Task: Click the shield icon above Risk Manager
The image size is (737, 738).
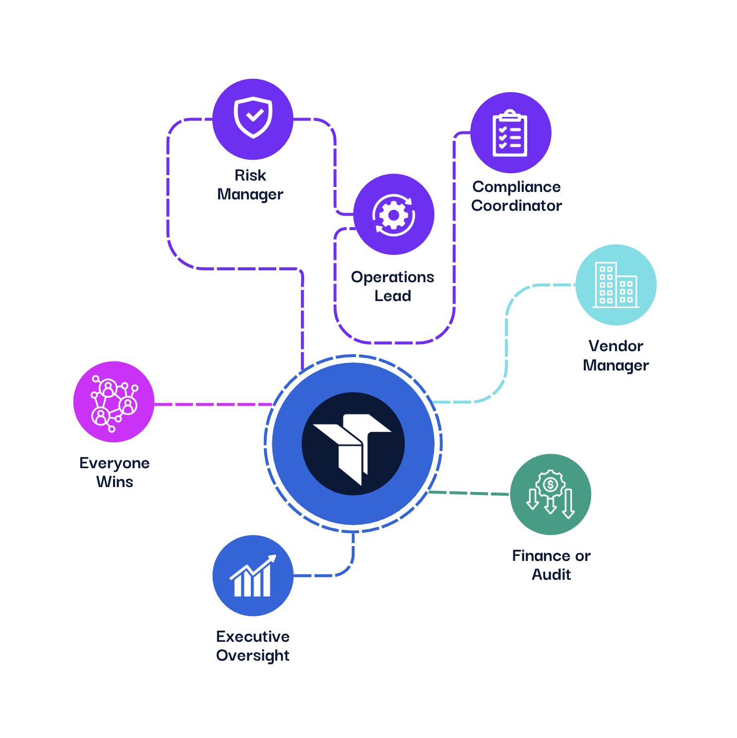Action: pyautogui.click(x=253, y=118)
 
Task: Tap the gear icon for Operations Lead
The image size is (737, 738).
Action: pyautogui.click(x=394, y=215)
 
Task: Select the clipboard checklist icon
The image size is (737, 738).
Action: pyautogui.click(x=510, y=133)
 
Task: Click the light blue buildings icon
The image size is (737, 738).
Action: pyautogui.click(x=615, y=285)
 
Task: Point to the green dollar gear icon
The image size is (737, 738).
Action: pyautogui.click(x=551, y=494)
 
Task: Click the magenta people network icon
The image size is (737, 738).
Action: pyautogui.click(x=114, y=402)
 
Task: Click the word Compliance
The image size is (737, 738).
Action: pyautogui.click(x=516, y=187)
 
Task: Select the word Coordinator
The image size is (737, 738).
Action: pyautogui.click(x=516, y=206)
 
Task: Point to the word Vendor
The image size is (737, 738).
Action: pyautogui.click(x=615, y=346)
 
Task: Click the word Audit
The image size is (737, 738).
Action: pyautogui.click(x=551, y=575)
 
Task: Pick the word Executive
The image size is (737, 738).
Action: pyautogui.click(x=253, y=636)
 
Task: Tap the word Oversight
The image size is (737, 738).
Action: pyautogui.click(x=253, y=656)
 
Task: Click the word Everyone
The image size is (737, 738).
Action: pyautogui.click(x=115, y=463)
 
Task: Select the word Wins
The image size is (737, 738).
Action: pyautogui.click(x=115, y=482)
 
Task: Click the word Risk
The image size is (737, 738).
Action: pyautogui.click(x=250, y=176)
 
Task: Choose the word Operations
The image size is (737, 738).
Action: pyautogui.click(x=392, y=277)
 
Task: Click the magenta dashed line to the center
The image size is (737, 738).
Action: pyautogui.click(x=213, y=404)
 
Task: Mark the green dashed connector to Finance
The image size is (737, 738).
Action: pyautogui.click(x=469, y=493)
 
